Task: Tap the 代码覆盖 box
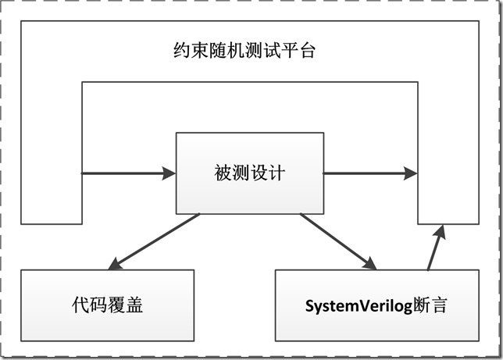106,305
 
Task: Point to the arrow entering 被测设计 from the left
129,173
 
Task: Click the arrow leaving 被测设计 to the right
370,173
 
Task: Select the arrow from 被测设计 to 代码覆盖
155,240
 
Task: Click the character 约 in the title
181,52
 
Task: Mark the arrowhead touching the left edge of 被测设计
169,173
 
